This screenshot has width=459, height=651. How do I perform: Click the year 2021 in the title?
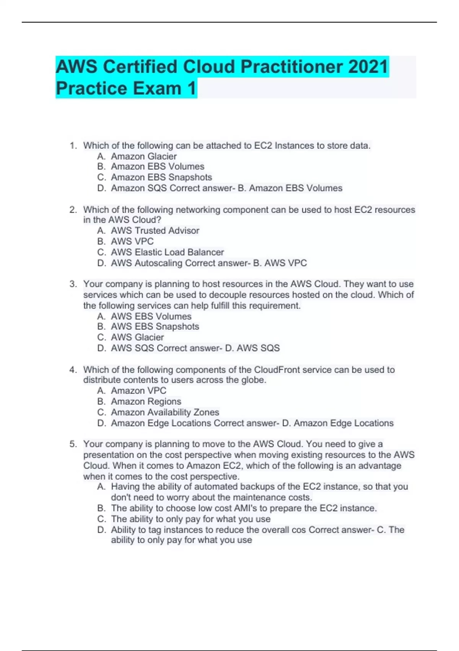pyautogui.click(x=368, y=67)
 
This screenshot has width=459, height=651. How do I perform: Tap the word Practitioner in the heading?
pyautogui.click(x=291, y=67)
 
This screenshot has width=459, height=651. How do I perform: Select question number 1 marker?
pyautogui.click(x=73, y=146)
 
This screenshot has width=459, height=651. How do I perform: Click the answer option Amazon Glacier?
pyautogui.click(x=144, y=156)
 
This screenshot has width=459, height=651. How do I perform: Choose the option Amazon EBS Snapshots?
pyautogui.click(x=161, y=177)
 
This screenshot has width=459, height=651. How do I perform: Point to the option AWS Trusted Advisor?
pyautogui.click(x=155, y=231)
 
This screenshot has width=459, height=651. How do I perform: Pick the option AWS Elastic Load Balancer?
pyautogui.click(x=167, y=252)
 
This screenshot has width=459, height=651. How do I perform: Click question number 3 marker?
pyautogui.click(x=73, y=284)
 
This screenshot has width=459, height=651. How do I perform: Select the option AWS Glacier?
pyautogui.click(x=137, y=337)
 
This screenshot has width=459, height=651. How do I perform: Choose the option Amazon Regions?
pyautogui.click(x=146, y=401)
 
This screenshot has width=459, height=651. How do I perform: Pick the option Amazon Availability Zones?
pyautogui.click(x=165, y=412)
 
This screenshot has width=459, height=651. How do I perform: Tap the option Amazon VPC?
pyautogui.click(x=138, y=391)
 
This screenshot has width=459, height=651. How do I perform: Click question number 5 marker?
pyautogui.click(x=73, y=444)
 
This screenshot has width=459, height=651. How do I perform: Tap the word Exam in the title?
pyautogui.click(x=156, y=88)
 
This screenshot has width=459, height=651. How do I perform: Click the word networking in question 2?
pyautogui.click(x=198, y=210)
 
